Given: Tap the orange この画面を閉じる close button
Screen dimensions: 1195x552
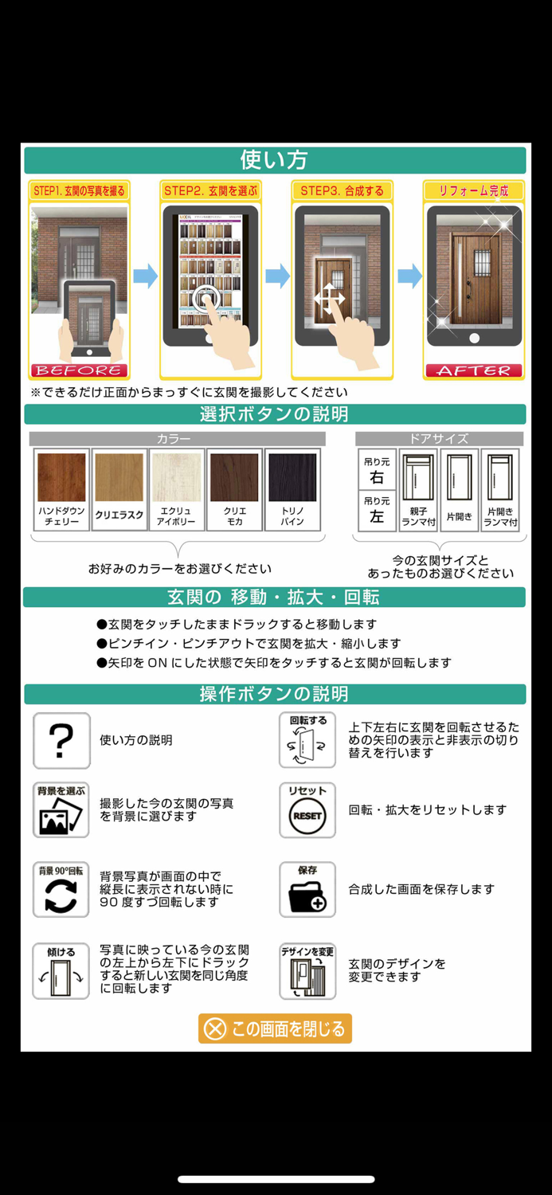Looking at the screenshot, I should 275,1028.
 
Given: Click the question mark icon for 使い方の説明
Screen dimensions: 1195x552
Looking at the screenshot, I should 61,741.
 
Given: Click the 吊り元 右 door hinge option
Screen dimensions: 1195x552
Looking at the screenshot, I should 377,471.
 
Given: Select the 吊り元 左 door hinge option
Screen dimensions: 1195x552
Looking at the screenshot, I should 377,511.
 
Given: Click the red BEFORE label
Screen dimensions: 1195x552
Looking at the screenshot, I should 79,370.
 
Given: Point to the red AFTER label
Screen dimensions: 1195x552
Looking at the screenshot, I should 474,370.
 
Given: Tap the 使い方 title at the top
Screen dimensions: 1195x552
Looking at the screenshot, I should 275,160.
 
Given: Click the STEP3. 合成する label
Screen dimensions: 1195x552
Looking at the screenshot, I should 342,191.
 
